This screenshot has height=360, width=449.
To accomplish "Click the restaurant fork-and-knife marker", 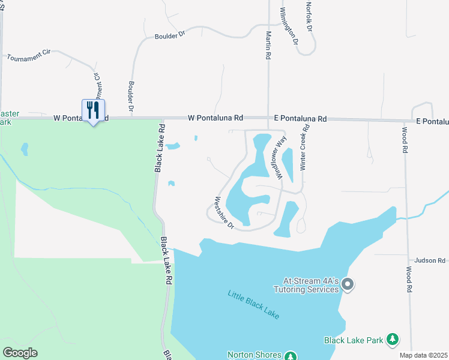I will (x=93, y=110).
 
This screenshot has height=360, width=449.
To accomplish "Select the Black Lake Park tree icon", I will (x=393, y=340).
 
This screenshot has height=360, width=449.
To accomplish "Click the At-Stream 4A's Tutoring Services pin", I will (x=348, y=285).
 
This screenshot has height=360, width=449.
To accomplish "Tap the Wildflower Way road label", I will (x=280, y=158).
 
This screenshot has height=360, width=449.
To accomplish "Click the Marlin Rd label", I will (x=268, y=46).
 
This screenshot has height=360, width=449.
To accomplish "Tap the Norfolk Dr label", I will (x=309, y=17).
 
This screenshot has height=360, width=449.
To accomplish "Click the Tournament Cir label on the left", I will (x=28, y=56).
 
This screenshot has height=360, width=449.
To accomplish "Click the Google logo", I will (x=20, y=353).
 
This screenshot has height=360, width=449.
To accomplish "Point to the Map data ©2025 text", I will (x=423, y=355).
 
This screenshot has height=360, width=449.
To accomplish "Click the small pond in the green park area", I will (x=24, y=148).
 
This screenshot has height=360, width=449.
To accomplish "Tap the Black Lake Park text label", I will (x=354, y=340).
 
